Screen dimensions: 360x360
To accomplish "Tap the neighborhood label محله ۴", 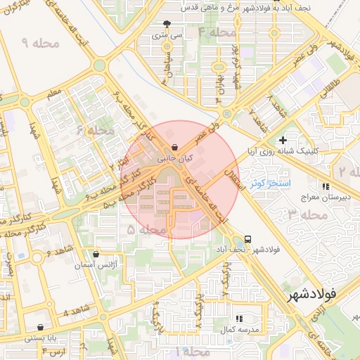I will click(216, 32).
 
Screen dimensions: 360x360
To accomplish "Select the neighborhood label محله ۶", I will click(95, 130).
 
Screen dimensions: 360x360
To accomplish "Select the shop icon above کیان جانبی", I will click(174, 148).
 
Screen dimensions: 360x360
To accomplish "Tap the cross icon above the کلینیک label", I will click(283, 140).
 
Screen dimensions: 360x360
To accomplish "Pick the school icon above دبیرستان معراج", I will click(325, 186).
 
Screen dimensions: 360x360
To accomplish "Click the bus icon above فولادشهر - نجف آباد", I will click(247, 239).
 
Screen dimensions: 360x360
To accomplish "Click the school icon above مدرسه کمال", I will click(239, 319).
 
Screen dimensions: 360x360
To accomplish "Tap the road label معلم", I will click(53, 93).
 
